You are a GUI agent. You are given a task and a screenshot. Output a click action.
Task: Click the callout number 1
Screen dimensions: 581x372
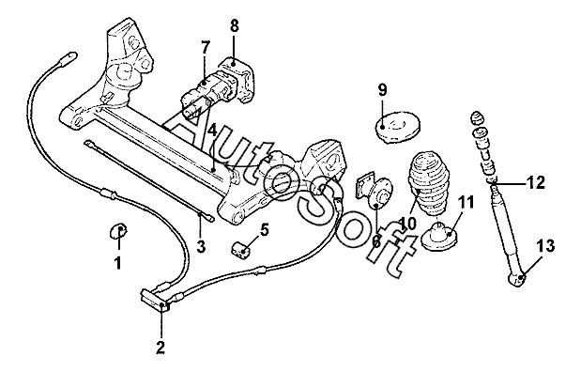coord(118,263)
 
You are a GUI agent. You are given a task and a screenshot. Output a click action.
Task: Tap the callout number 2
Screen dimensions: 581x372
coord(161,348)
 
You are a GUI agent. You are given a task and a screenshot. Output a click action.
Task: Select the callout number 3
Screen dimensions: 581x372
coord(201,246)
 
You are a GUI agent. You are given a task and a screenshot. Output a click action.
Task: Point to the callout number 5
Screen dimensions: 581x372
coord(264,230)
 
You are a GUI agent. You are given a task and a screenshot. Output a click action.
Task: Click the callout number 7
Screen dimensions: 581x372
coord(206,48)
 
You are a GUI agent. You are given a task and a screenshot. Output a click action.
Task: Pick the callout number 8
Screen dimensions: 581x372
coord(234,26)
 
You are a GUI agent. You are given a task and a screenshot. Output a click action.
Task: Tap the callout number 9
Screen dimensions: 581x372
coord(382,90)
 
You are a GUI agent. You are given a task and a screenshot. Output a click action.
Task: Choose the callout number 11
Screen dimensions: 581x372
coord(466,203)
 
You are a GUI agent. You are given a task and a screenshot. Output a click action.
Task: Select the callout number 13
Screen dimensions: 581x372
coord(546,246)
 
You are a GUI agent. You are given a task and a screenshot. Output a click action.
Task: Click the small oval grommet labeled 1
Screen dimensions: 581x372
coord(118,231)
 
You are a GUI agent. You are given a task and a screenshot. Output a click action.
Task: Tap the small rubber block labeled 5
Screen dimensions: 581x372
coord(241,251)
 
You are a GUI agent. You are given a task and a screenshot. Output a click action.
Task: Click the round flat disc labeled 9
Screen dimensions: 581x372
coord(397,126)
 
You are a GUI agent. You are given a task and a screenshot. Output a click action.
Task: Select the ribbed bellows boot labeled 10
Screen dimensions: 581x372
coord(428,182)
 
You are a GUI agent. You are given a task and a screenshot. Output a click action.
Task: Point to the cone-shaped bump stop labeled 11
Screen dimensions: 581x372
coord(440,237)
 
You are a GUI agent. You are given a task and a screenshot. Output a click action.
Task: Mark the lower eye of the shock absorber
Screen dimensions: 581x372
coord(516,279)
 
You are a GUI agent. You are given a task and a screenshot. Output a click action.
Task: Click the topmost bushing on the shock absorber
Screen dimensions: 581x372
coord(477,117)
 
